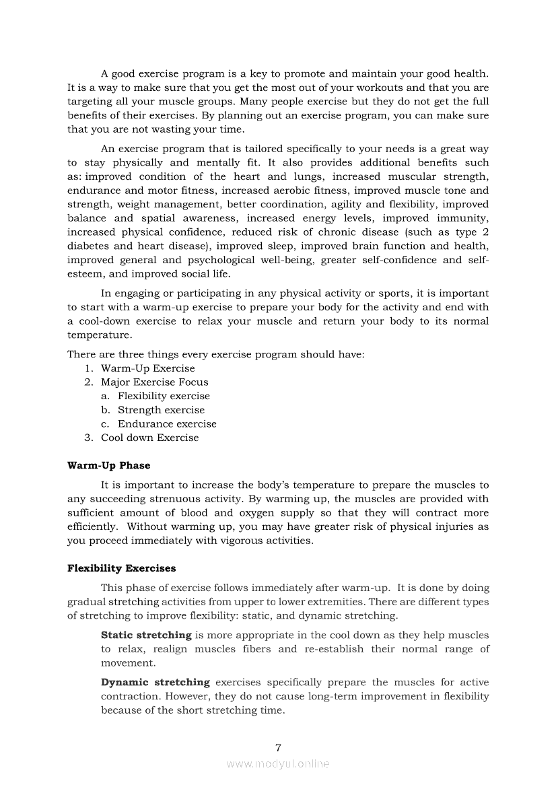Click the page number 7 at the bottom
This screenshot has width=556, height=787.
[x=278, y=747]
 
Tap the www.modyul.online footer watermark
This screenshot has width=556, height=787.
[x=278, y=763]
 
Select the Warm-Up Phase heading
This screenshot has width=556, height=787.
[x=109, y=465]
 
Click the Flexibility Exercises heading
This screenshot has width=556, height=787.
[x=122, y=568]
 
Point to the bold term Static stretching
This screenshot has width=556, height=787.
[x=146, y=635]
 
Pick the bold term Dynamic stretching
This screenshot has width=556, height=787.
[x=155, y=682]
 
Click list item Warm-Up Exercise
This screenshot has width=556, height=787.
[x=148, y=368]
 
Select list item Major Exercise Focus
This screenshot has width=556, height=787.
[x=155, y=382]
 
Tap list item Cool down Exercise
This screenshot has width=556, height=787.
[x=150, y=438]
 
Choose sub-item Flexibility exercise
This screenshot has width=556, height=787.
[x=164, y=396]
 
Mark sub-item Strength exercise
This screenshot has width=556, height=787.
[x=161, y=409]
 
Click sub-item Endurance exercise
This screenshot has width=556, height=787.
[x=167, y=423]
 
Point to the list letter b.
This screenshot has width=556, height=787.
[x=105, y=409]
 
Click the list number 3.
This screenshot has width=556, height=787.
[x=88, y=438]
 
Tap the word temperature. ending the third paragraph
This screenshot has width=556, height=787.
[x=100, y=335]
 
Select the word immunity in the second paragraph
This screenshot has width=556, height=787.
[x=464, y=218]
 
